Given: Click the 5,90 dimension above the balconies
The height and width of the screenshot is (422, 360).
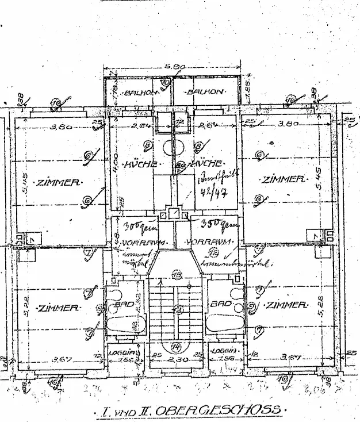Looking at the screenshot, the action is pos(174,67).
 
